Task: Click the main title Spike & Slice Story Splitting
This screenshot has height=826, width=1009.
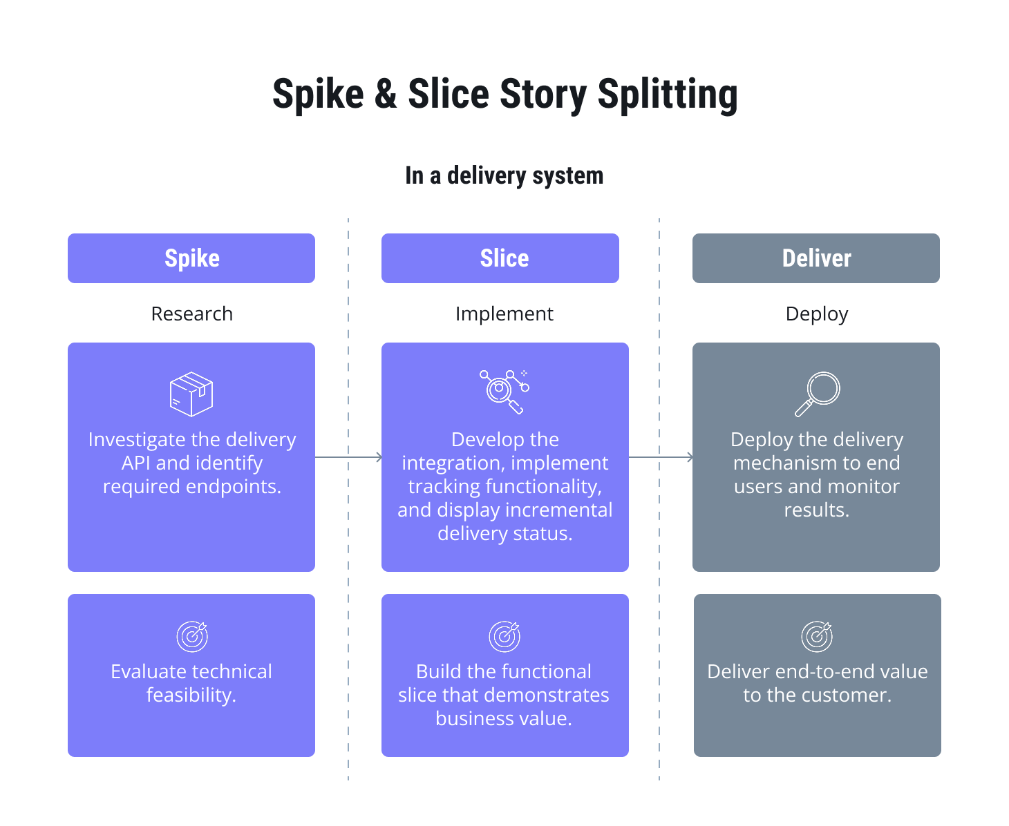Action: [x=504, y=95]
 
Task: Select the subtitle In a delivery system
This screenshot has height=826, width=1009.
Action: [x=504, y=176]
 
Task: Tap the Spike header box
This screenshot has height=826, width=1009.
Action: [x=191, y=258]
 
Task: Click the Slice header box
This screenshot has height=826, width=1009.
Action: [x=500, y=258]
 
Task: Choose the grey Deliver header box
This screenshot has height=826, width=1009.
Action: [x=815, y=258]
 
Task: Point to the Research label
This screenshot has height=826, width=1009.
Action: [x=191, y=314]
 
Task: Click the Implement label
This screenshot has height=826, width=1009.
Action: [x=504, y=314]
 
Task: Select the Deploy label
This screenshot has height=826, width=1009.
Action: [x=816, y=314]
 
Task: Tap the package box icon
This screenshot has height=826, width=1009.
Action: [x=191, y=394]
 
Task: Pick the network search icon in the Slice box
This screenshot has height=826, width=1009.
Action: [x=504, y=392]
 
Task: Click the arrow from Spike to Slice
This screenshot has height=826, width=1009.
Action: [x=348, y=457]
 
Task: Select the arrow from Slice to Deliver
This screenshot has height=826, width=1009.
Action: [x=660, y=457]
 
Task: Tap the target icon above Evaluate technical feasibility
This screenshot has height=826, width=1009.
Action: [x=192, y=636]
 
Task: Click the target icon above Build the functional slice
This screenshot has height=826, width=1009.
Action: [x=504, y=636]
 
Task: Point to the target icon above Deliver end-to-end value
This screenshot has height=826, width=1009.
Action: [x=817, y=636]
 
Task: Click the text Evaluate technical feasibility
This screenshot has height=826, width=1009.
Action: [x=191, y=683]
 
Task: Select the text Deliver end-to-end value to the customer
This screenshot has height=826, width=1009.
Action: [x=817, y=683]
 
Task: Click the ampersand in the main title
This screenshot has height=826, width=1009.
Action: [x=386, y=95]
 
